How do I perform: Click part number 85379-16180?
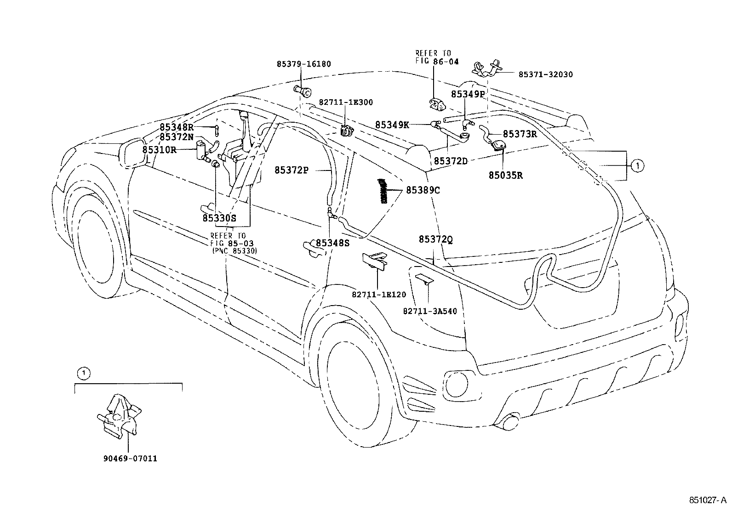(303, 64)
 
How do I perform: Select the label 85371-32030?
(545, 74)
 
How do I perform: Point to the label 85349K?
(392, 125)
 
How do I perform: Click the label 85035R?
(505, 175)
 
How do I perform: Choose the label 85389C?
(423, 190)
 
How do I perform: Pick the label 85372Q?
(435, 239)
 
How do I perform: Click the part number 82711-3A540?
(430, 311)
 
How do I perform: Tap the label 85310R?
(159, 149)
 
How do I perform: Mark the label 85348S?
(332, 243)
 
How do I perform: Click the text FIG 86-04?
(437, 61)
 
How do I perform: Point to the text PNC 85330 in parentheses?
(234, 251)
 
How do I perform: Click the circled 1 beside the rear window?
(637, 165)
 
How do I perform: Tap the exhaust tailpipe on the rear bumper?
(509, 422)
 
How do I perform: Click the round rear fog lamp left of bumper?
(456, 381)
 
